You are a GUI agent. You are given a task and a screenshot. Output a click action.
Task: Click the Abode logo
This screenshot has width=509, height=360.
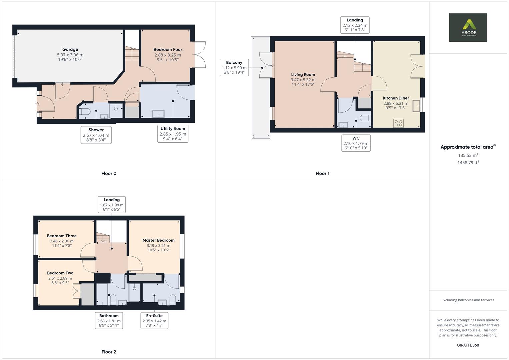click(x=468, y=27)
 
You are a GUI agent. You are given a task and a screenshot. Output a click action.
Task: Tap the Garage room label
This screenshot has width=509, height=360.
click(x=70, y=50)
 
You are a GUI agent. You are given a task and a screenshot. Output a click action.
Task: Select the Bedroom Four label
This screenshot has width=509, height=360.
click(x=168, y=50)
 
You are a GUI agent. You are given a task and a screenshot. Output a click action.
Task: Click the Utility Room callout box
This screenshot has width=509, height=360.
click(x=173, y=134)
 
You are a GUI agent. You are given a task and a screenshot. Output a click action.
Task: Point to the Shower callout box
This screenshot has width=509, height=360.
click(x=96, y=135)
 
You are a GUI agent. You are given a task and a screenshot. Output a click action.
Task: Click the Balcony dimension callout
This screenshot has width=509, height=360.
click(x=234, y=67)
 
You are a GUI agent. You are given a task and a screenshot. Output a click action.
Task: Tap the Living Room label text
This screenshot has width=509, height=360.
click(x=303, y=75)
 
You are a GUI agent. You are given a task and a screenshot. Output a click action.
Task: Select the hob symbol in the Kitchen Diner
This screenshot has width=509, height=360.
click(x=398, y=123)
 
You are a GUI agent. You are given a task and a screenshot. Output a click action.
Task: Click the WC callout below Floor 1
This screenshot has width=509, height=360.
click(x=356, y=143)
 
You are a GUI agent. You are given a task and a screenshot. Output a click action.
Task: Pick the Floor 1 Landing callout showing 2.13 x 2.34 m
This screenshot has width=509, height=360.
click(x=355, y=25)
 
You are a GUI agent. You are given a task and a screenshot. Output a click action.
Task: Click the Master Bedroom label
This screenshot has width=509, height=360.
click(x=158, y=240)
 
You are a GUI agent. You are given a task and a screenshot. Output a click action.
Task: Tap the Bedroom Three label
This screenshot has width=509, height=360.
click(x=62, y=236)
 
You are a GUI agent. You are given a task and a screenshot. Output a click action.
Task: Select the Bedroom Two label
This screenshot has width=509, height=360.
click(x=60, y=273)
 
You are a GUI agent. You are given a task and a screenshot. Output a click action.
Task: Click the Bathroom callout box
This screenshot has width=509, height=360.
click(x=109, y=320)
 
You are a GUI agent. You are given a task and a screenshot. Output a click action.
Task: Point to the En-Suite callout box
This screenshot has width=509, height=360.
click(x=154, y=320)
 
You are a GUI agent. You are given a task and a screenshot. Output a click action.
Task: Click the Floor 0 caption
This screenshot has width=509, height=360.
click(x=109, y=173)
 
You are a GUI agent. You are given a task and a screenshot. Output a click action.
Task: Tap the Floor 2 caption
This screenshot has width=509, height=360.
click(x=109, y=352)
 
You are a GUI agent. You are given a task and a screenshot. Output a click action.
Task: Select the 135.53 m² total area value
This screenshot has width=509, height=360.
click(x=468, y=155)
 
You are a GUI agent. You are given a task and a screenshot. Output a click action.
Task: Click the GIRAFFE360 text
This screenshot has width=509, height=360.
click(x=468, y=345)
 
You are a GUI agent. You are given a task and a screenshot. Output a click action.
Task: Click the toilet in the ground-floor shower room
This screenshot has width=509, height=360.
click(x=84, y=111)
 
